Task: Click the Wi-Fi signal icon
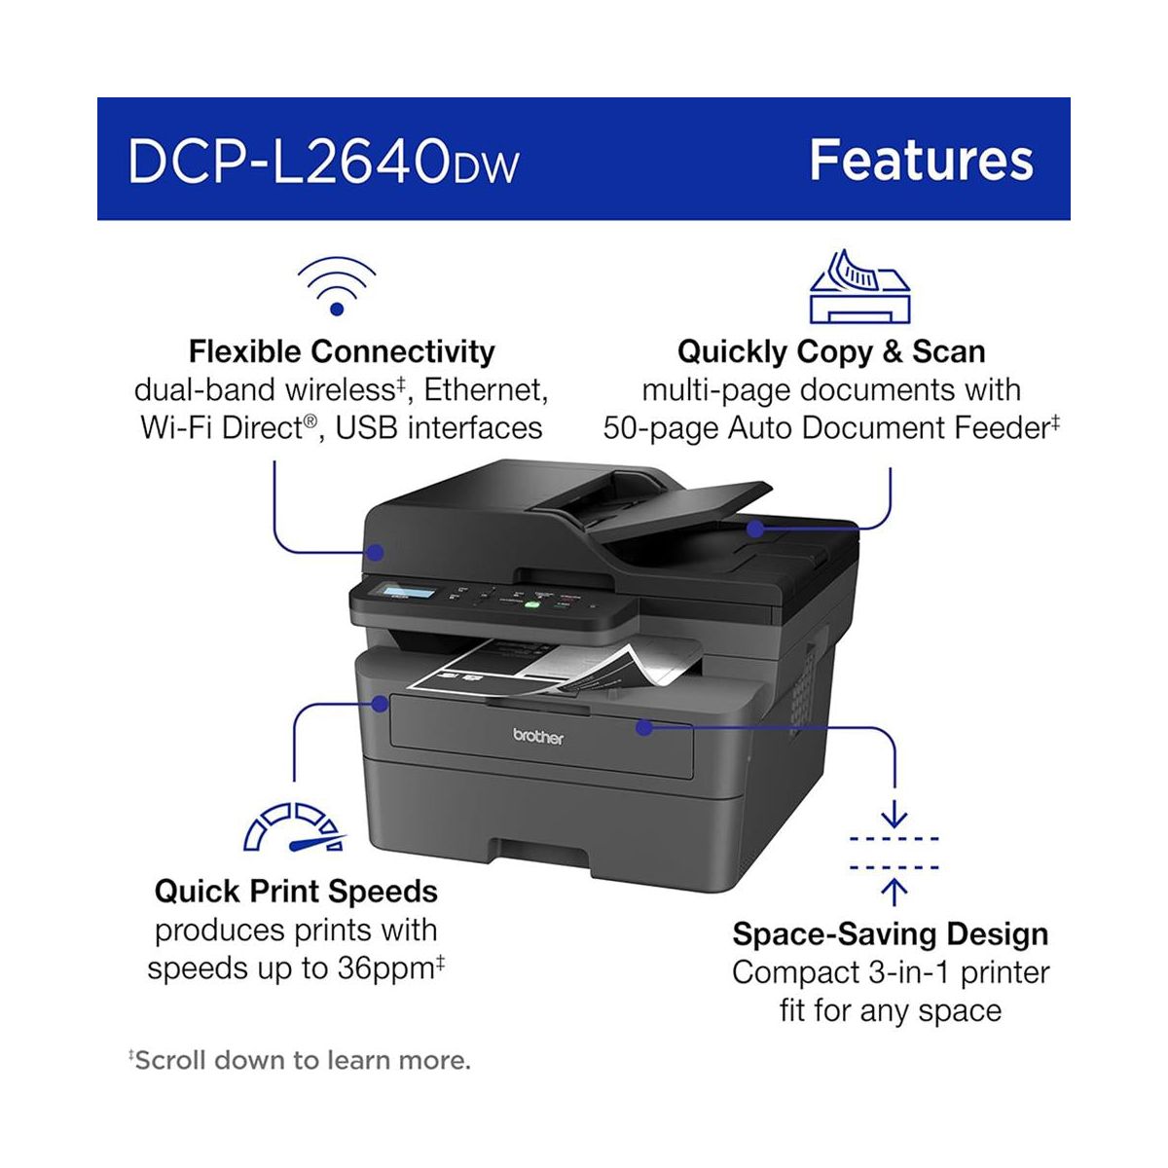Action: pos(337,286)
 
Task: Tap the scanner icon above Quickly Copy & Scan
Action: pos(859,287)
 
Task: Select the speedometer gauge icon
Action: pos(295,828)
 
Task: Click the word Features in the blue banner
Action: pos(921,161)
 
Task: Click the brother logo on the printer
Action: pos(538,738)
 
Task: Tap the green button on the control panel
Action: pos(532,603)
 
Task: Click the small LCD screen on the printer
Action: pos(409,595)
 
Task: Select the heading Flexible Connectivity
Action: pos(342,351)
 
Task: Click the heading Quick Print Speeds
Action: pos(296,892)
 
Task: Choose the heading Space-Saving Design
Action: pos(891,934)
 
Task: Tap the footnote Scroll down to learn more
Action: pos(302,1060)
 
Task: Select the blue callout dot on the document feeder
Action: pos(755,528)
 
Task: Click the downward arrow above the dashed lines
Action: pos(894,813)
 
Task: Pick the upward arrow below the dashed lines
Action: pos(894,890)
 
